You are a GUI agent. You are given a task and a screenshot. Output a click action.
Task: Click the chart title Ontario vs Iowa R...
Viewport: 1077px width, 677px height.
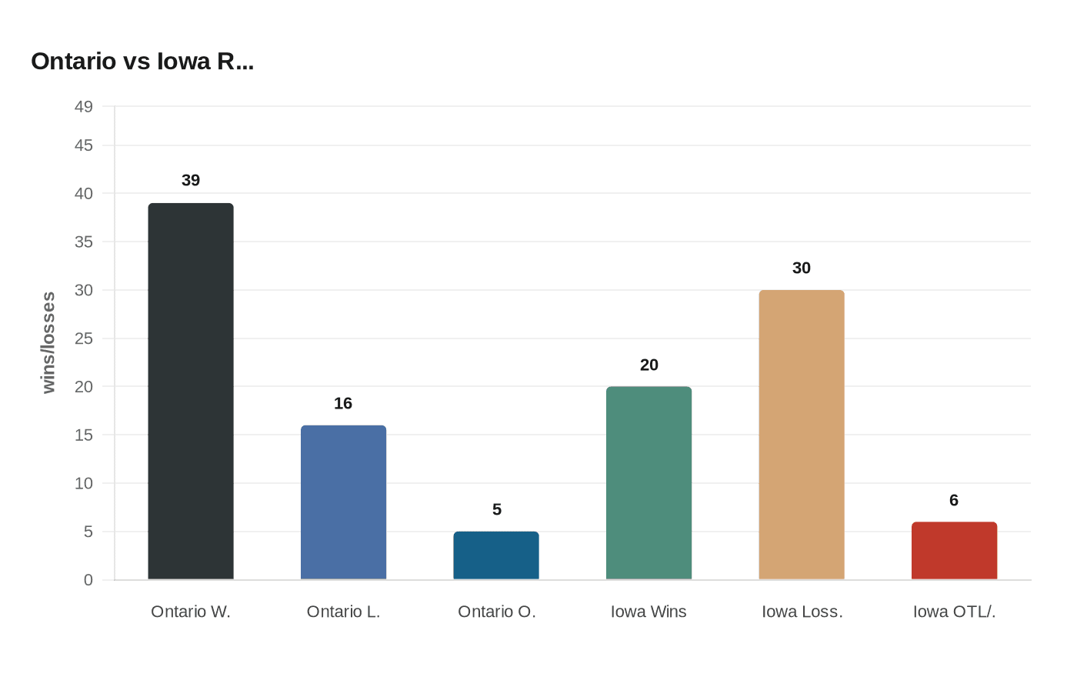tap(142, 61)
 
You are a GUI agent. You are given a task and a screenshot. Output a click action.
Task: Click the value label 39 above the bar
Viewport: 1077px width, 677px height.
tap(191, 180)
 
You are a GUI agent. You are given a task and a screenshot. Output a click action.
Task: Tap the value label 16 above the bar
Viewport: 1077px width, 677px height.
tap(343, 403)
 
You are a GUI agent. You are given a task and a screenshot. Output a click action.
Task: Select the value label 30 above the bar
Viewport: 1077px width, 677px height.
tap(802, 268)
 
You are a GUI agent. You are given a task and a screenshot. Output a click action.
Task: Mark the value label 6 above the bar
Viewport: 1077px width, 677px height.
tap(954, 500)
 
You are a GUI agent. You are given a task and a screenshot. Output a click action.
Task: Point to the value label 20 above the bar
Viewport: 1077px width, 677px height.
tap(649, 365)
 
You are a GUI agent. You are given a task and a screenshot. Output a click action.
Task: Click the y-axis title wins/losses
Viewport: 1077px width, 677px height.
tap(48, 342)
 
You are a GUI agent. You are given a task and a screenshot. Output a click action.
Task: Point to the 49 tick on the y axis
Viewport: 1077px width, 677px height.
tap(84, 106)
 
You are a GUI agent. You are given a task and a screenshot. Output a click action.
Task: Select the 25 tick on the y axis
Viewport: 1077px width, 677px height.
tap(84, 338)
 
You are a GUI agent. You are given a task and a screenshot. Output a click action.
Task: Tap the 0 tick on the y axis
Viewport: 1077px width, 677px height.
tap(88, 580)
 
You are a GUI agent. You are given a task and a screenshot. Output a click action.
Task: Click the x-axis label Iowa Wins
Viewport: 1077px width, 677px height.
tap(649, 612)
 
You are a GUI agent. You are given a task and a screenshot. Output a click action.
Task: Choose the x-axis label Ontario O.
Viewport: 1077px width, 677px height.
tap(497, 612)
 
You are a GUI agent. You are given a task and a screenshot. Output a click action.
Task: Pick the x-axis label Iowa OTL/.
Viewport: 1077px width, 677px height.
tap(954, 612)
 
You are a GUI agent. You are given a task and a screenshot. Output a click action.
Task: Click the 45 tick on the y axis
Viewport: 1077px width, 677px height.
tap(84, 145)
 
